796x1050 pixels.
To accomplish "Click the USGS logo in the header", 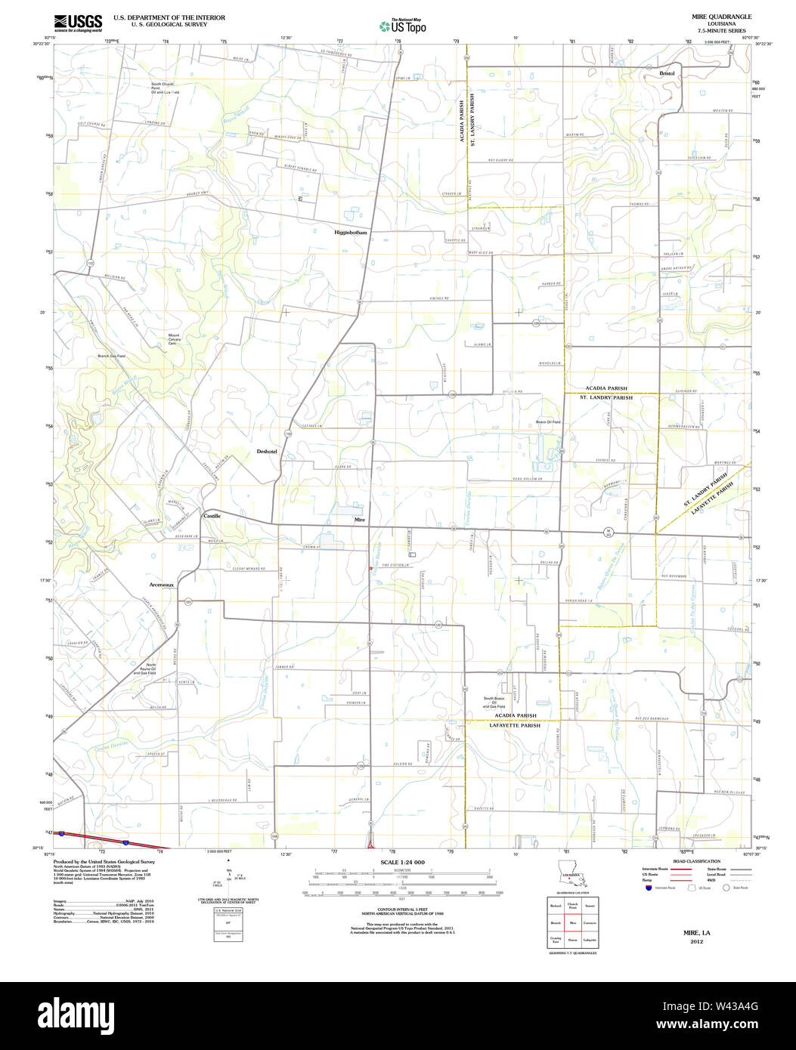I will click(78, 22).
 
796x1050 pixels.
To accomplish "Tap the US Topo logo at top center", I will click(402, 26).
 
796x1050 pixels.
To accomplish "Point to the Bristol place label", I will click(667, 73).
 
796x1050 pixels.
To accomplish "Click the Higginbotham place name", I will click(351, 233).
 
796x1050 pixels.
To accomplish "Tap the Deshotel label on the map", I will click(267, 451).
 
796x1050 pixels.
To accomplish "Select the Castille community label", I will click(212, 515).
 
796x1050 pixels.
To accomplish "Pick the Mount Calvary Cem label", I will click(174, 338).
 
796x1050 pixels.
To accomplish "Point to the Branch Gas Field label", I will click(111, 356).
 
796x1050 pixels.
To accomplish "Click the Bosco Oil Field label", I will click(548, 422).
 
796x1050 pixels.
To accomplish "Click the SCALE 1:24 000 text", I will click(402, 862).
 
